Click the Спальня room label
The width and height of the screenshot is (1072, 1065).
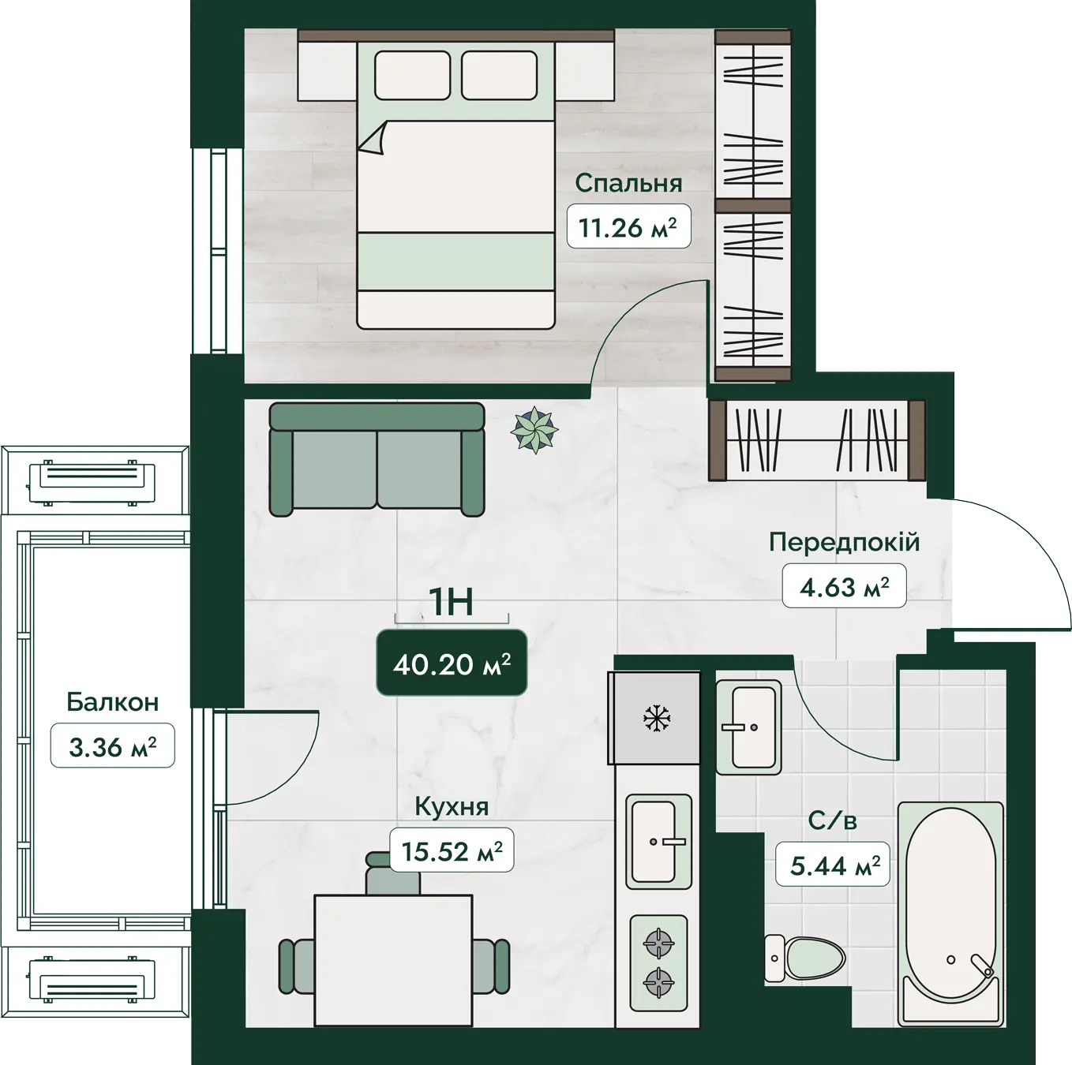click(628, 183)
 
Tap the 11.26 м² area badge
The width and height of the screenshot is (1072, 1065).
click(628, 226)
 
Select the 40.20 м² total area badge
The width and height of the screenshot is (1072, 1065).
click(452, 663)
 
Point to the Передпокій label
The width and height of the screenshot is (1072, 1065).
click(845, 542)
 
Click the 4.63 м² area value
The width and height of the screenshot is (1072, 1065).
click(844, 585)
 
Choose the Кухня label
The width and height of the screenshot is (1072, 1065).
click(452, 807)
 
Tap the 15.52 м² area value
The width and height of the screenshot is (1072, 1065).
click(452, 850)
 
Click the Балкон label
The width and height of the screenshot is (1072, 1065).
click(112, 702)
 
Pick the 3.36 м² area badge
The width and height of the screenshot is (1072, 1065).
click(112, 745)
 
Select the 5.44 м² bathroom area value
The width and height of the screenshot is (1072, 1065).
click(833, 865)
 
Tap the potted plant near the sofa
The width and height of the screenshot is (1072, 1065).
click(534, 430)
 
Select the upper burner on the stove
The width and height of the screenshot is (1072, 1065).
click(658, 944)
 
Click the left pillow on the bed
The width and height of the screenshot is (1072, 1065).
click(412, 75)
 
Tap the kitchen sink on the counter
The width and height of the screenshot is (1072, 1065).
click(658, 842)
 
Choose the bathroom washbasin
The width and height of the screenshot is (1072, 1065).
click(748, 727)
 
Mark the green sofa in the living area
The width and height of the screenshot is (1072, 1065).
click(377, 459)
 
